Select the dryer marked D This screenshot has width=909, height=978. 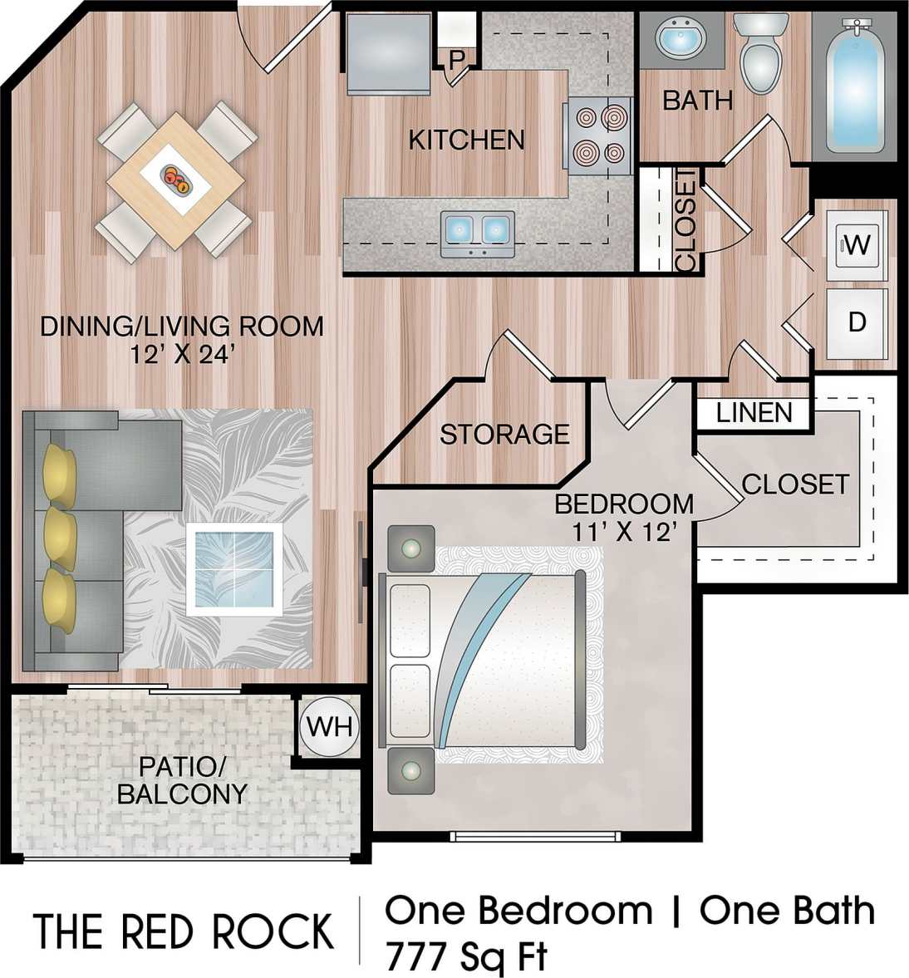[857, 322]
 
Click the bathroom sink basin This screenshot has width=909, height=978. [681, 38]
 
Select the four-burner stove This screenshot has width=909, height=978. [597, 135]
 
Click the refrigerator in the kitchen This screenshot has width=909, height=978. [387, 54]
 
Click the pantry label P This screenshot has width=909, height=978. [455, 60]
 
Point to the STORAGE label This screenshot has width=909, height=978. [504, 434]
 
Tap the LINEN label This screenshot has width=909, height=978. [754, 412]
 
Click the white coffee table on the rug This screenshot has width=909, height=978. [234, 569]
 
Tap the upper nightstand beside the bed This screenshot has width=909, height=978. [411, 548]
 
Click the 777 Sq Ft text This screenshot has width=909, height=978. [466, 956]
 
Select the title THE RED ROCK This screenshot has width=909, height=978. [184, 931]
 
